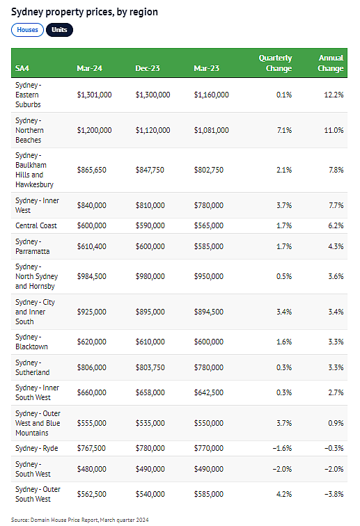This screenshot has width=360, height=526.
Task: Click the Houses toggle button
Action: [x=28, y=30]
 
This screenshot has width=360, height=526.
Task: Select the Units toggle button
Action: [x=59, y=30]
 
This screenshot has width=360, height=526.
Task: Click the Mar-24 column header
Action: [x=89, y=68]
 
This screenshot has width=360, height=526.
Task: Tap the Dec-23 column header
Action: [x=148, y=68]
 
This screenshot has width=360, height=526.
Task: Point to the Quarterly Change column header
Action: [x=275, y=63]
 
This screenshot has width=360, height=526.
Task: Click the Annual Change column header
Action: [x=331, y=63]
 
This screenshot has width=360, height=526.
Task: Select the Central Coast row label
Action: [x=36, y=225]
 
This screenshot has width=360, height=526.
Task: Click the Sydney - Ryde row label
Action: [x=37, y=449]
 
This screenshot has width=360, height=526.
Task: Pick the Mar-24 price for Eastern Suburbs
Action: [x=95, y=95]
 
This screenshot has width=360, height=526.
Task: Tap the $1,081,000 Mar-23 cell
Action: [x=211, y=130]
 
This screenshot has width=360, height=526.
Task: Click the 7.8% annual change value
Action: [x=336, y=170]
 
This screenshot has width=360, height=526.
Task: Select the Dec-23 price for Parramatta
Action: [x=150, y=246]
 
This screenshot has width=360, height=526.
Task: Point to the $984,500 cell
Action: [x=92, y=276]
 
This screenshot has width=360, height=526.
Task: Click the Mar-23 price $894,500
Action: [x=208, y=312]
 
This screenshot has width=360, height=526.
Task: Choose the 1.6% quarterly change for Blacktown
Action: [x=284, y=342]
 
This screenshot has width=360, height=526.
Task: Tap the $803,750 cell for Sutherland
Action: [x=150, y=367]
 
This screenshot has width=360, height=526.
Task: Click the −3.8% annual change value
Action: [x=334, y=494]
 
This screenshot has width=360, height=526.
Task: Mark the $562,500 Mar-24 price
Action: [x=92, y=494]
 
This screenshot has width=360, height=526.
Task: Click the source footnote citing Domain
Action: [x=80, y=520]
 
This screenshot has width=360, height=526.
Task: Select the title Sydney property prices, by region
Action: [x=85, y=12]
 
